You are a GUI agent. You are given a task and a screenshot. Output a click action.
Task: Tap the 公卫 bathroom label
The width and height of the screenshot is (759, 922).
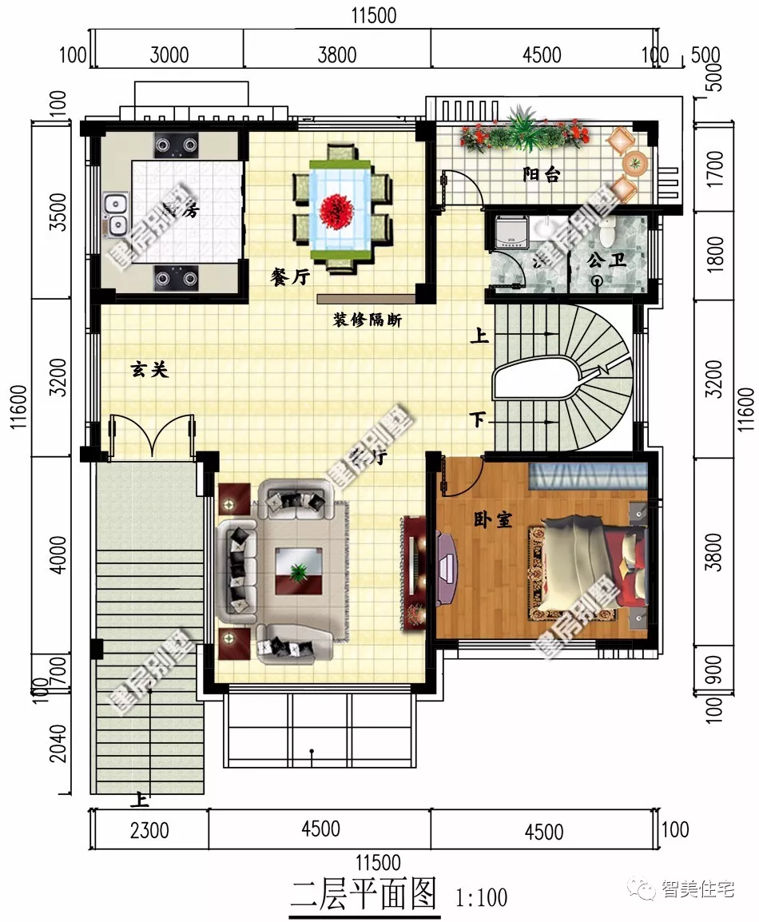(605, 260)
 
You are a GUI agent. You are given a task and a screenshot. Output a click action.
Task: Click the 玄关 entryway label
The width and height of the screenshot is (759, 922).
(149, 369)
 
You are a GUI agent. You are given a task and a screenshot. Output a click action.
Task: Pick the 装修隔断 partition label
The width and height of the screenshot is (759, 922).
(368, 320)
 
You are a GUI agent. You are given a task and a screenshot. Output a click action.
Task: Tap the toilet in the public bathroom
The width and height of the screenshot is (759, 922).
(609, 231)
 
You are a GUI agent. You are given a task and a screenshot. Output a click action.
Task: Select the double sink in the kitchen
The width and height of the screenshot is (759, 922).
(116, 214)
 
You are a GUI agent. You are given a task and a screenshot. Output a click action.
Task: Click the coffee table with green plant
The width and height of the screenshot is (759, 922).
(299, 570)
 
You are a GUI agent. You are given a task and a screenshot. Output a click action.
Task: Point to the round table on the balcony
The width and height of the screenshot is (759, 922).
(636, 164)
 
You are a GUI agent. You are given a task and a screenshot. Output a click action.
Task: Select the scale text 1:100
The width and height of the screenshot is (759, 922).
(481, 897)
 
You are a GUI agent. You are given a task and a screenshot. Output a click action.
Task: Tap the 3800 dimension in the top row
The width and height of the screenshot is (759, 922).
(336, 55)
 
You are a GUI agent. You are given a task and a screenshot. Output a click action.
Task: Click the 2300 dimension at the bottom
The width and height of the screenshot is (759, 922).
(149, 830)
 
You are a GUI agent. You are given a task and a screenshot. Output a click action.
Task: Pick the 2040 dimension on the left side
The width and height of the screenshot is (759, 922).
(58, 744)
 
